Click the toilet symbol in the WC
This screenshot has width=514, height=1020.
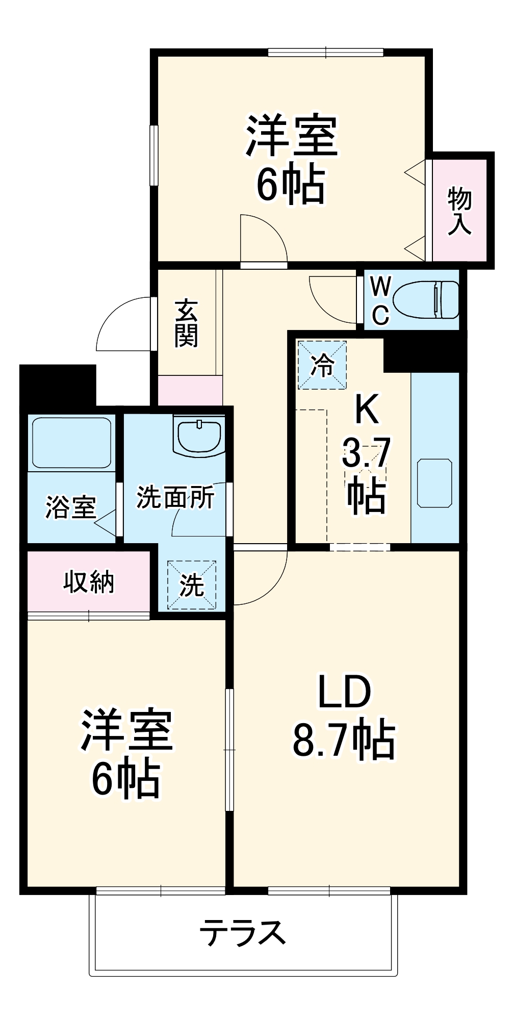426,300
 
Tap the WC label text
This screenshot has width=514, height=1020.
380,301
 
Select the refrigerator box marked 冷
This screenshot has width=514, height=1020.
322,365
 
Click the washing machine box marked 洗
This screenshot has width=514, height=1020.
192,584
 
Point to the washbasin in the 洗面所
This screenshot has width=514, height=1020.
198,436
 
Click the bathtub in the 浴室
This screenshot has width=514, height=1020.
71,443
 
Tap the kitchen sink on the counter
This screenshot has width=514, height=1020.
434,483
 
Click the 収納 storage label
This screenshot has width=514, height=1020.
89,581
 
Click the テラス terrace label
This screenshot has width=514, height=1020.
243,933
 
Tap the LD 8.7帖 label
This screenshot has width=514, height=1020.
344,716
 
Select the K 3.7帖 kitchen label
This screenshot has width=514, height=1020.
366,454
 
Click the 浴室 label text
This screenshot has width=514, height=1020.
70,507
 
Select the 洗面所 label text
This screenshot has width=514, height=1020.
175,497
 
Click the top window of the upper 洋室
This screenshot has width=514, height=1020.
325,52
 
